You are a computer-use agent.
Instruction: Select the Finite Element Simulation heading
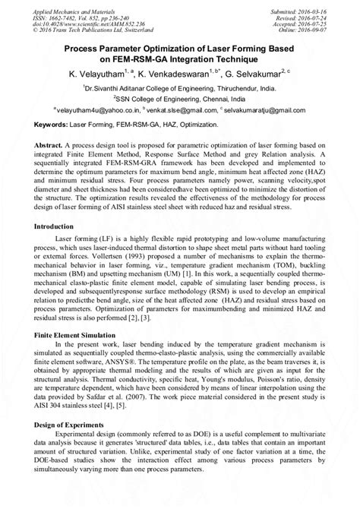pos(80,334)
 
